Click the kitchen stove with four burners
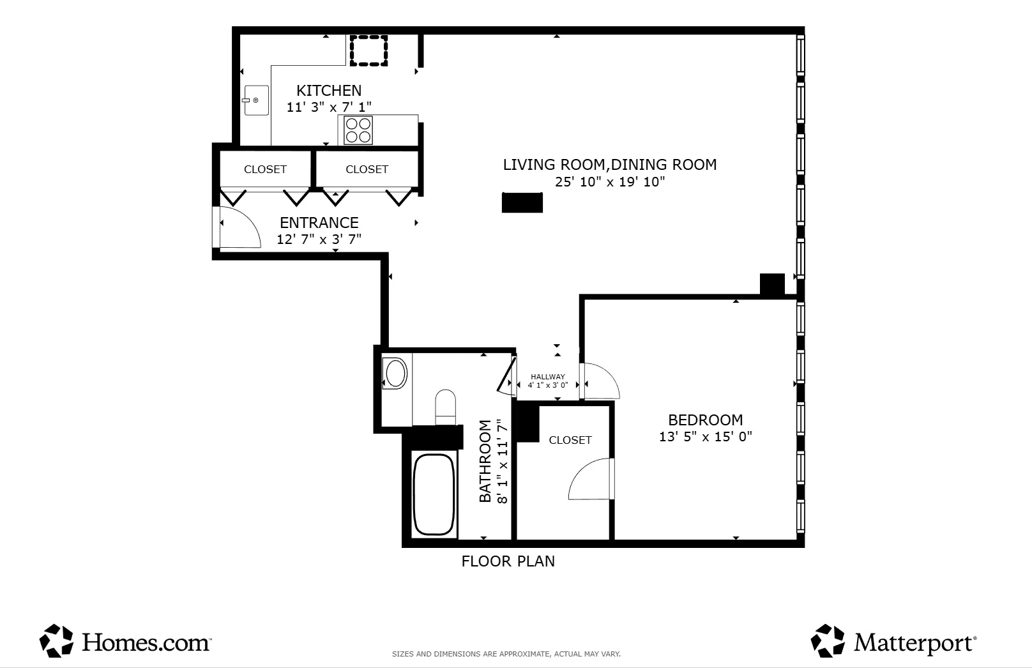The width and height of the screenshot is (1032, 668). [x=358, y=130]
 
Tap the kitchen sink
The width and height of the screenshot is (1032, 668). [x=256, y=100]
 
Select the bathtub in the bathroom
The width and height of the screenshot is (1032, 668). [x=434, y=494]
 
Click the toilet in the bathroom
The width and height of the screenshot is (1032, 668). [x=446, y=406]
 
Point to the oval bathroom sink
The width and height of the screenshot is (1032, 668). [x=395, y=374]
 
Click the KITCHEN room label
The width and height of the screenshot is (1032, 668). [x=329, y=91]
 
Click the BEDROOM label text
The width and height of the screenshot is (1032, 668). [x=705, y=420]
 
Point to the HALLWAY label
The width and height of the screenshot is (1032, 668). [x=547, y=377]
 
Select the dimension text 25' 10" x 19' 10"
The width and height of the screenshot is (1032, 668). [x=609, y=182]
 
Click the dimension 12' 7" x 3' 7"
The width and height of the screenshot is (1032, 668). [x=319, y=239]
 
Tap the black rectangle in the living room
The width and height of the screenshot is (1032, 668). [x=522, y=202]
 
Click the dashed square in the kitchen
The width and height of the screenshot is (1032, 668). [x=368, y=50]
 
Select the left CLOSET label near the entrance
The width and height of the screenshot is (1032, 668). [x=265, y=169]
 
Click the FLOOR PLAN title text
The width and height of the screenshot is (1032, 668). [x=508, y=561]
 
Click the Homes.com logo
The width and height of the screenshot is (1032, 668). [x=125, y=641]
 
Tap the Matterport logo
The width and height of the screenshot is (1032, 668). [x=893, y=641]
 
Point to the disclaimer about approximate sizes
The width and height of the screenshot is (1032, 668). [x=506, y=654]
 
